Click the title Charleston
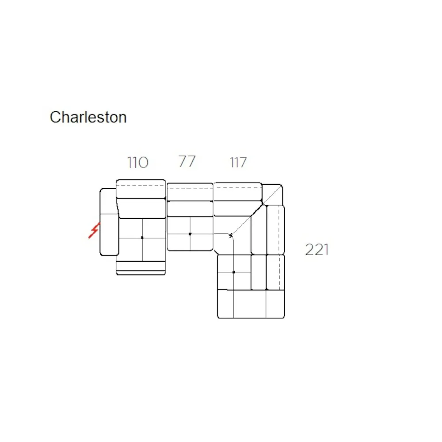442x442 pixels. [88, 117]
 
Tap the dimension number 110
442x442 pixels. [137, 162]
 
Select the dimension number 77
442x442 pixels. [187, 161]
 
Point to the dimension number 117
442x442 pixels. [238, 162]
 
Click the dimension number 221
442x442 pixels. [317, 249]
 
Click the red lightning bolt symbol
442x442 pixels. [94, 230]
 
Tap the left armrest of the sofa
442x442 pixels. [109, 222]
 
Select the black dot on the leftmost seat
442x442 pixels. [142, 238]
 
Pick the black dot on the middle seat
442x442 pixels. [190, 234]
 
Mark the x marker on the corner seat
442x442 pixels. [231, 236]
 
